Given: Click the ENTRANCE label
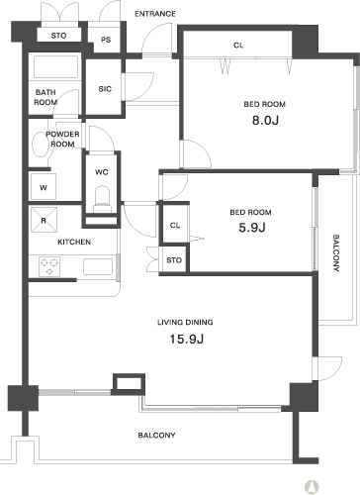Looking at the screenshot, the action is pos(155,14).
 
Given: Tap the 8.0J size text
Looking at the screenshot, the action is pos(265,120).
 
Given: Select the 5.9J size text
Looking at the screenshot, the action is pos(252,228).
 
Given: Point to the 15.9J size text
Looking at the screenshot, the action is pos(187,339).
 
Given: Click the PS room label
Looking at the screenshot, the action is pos(106,40).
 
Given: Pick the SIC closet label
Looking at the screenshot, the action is pos(105,89).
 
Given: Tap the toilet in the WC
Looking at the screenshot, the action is pos(102,198).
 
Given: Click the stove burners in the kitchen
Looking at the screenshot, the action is pos(49,266).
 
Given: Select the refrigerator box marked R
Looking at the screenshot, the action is pos(44,220).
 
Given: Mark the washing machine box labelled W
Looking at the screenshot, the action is pos(44,186).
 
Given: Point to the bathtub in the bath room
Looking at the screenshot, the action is pos(56,67).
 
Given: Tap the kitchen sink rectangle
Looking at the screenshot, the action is pos(98,266).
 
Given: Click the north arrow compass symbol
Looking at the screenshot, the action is pos(311,486).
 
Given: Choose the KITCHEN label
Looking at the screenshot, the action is pos(74,243).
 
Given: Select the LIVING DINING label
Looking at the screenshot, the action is pos(185,322).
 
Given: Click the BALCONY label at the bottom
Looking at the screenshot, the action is pos(156,436).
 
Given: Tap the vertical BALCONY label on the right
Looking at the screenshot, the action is pos(336,252).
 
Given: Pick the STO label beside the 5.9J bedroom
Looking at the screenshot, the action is pos(174,260).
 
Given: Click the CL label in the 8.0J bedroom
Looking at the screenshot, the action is pos(238,46).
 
